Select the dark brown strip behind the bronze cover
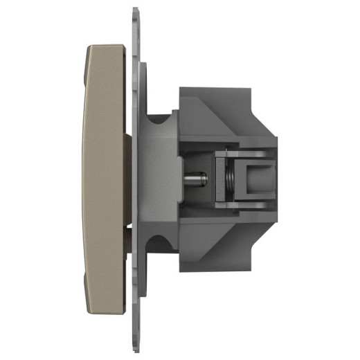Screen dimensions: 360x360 [x=129, y=180]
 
